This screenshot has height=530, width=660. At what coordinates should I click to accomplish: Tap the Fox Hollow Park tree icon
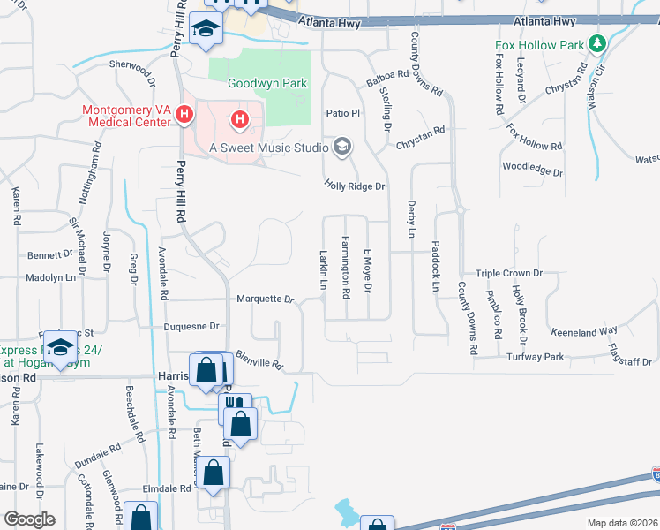click(597, 42)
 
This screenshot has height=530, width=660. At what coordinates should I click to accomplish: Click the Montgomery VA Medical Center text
click(125, 117)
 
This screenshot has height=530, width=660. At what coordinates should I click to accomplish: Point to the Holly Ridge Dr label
click(355, 186)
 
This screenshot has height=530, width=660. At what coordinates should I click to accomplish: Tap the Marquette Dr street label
click(265, 299)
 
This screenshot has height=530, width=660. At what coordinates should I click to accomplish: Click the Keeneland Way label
click(584, 331)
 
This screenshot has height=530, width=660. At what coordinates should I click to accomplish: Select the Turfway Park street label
click(536, 357)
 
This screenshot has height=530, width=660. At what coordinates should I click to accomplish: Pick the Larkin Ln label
click(323, 268)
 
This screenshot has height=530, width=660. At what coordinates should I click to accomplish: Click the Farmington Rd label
click(346, 267)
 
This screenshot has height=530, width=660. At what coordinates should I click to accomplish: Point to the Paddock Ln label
click(435, 266)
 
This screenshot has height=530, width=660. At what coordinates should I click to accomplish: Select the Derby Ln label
click(411, 219)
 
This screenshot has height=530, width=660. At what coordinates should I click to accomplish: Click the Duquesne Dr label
click(191, 326)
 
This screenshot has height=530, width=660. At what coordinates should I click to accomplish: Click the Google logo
click(29, 519)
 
